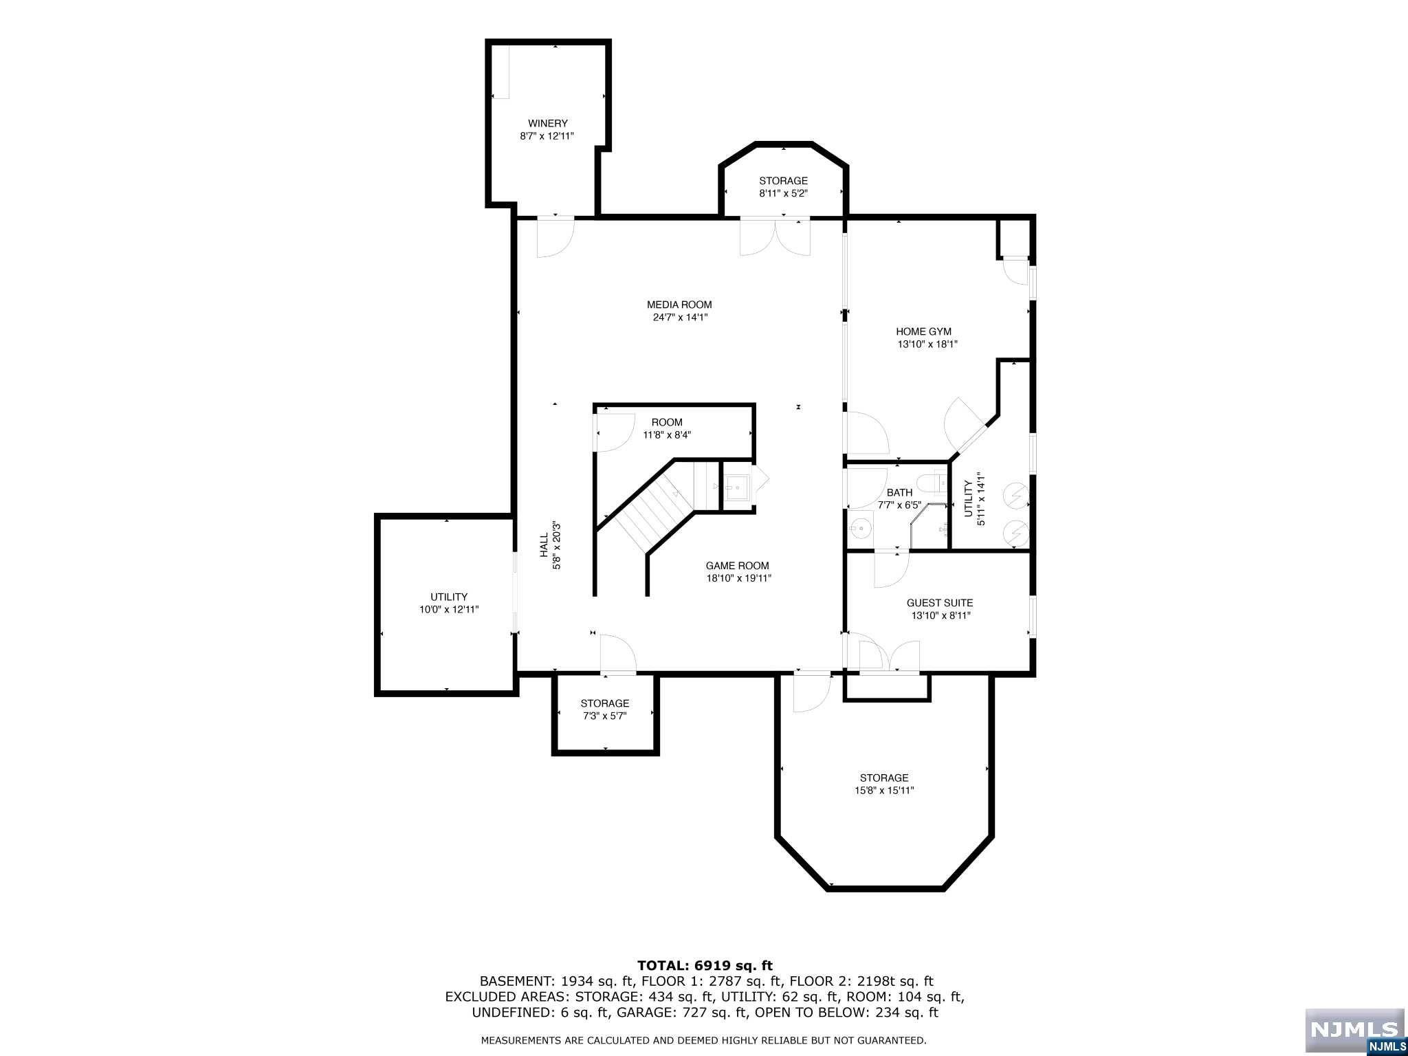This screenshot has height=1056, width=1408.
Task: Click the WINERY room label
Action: click(547, 124)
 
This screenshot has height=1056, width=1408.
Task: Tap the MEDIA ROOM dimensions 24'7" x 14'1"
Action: click(679, 318)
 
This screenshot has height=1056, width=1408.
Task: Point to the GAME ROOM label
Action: click(737, 566)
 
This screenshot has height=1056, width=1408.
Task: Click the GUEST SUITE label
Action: click(939, 603)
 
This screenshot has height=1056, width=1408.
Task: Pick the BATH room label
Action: click(899, 492)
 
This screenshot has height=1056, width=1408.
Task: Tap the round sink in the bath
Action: click(858, 529)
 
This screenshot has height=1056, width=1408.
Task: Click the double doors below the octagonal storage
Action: click(775, 237)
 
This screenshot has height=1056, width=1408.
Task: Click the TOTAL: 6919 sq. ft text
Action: click(705, 966)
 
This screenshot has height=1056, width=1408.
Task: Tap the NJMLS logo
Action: click(1354, 1030)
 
